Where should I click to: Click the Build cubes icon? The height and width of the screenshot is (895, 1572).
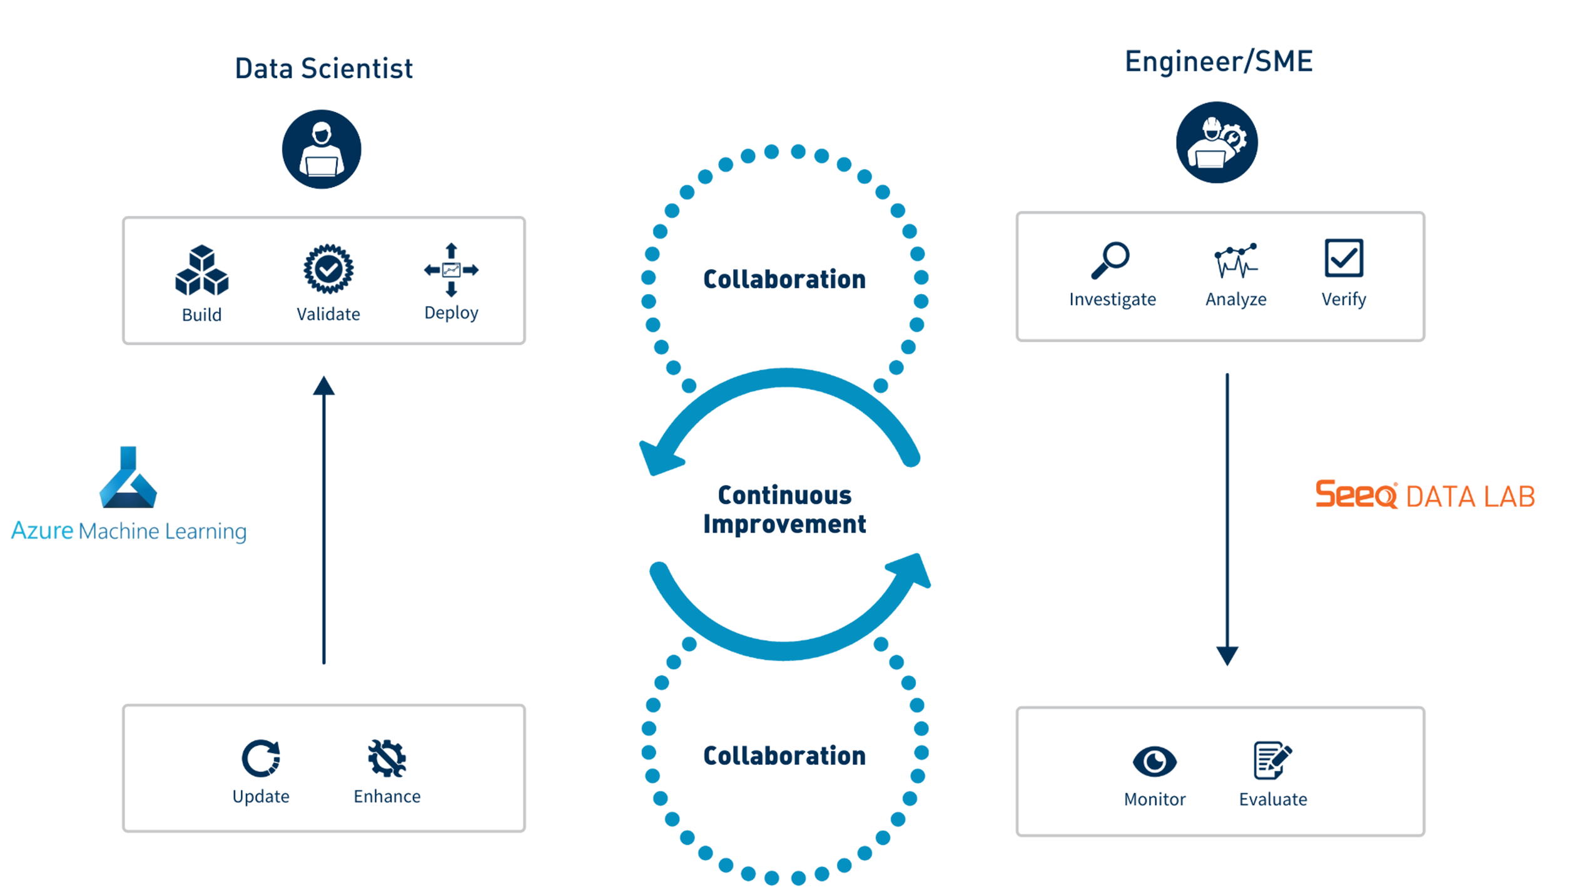(x=201, y=270)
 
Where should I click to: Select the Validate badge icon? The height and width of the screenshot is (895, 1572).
(x=328, y=269)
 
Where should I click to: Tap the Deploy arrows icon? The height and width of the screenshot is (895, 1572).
(x=451, y=270)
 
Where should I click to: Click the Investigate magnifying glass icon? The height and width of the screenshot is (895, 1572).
(x=1110, y=260)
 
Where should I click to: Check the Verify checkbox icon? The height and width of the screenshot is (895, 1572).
(x=1344, y=258)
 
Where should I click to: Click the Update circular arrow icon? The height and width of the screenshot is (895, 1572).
(x=261, y=758)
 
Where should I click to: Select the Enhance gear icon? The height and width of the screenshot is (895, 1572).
(x=387, y=758)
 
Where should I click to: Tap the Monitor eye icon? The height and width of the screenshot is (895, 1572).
(x=1155, y=761)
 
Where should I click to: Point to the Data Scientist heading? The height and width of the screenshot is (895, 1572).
(x=323, y=68)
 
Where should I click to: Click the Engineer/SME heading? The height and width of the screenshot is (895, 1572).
(x=1219, y=61)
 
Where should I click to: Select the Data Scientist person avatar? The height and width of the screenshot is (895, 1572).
(x=322, y=150)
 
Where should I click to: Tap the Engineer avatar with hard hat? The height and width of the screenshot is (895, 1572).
(x=1217, y=143)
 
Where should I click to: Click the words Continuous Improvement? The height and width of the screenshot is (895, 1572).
(x=784, y=509)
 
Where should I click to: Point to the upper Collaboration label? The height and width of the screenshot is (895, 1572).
(x=784, y=279)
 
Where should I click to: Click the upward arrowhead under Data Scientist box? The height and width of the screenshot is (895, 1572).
(x=324, y=386)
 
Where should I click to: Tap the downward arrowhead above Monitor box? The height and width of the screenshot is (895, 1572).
(x=1227, y=655)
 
